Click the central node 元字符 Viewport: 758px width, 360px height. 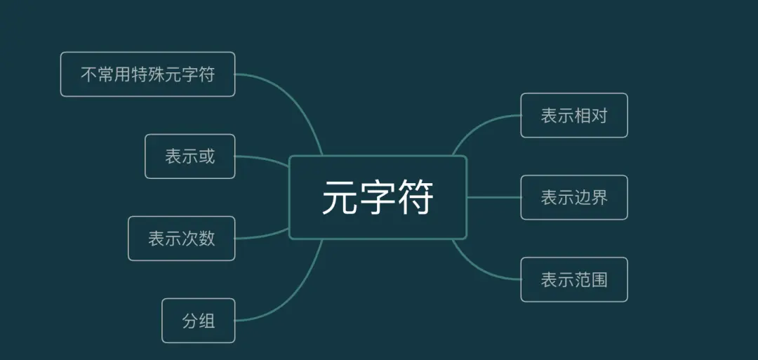(378, 197)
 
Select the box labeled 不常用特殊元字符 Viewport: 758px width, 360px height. (147, 74)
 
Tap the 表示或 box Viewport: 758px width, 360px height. (189, 156)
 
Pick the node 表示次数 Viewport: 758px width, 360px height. (181, 239)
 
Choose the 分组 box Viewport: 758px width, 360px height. (198, 321)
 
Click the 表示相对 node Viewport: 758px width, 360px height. (573, 116)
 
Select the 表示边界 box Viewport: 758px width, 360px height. (573, 198)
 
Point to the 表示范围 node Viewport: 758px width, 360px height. (573, 280)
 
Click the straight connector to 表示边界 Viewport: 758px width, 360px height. (493, 198)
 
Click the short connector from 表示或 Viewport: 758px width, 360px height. (263, 159)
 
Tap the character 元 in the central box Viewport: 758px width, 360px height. (340, 198)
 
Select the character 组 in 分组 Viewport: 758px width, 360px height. (206, 321)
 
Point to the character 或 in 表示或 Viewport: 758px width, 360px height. (206, 156)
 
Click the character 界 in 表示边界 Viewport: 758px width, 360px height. (599, 198)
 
